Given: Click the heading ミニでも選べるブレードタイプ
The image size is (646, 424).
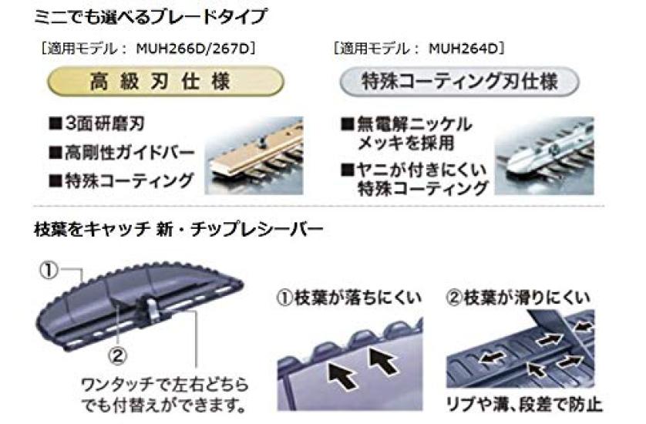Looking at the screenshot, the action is [151, 17].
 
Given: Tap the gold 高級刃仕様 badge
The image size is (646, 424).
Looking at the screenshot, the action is [166, 81].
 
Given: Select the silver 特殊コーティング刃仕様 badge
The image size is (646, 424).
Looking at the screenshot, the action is [459, 81].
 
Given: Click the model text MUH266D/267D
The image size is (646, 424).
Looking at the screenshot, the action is [193, 49].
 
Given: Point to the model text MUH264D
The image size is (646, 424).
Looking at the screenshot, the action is [463, 49].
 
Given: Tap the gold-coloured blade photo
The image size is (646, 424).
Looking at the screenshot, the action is [254, 156].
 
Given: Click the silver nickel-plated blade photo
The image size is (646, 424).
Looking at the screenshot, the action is [544, 156].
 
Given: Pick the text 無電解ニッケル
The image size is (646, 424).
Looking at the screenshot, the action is [414, 124].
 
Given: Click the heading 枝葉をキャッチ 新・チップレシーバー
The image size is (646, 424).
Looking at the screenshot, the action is [179, 229].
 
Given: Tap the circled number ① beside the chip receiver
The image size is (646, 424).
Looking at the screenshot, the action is [49, 271].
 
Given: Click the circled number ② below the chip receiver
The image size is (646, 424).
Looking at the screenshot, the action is [118, 356].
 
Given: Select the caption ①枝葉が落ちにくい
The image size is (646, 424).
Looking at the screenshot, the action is [349, 298].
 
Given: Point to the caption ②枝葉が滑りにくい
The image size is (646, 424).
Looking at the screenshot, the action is [518, 297].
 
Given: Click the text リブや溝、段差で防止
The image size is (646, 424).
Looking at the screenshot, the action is [524, 404].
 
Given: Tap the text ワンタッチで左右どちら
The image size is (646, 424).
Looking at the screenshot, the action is [164, 385].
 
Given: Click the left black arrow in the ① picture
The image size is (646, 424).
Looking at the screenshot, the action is [342, 374].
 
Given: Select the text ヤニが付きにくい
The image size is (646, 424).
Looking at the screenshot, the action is [422, 170].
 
